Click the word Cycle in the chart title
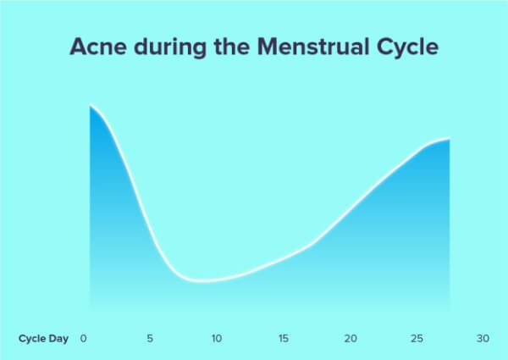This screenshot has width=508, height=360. [408, 47]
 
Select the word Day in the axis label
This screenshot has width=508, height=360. [58, 339]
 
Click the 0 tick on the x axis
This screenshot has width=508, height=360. [84, 339]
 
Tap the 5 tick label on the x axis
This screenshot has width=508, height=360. [150, 339]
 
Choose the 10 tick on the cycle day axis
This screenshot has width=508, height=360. [217, 339]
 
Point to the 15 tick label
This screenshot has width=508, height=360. [284, 339]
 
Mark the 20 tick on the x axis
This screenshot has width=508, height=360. [351, 339]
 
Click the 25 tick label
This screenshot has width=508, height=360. [417, 339]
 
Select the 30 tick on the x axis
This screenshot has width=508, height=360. [483, 339]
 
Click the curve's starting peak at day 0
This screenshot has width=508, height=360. [90, 105]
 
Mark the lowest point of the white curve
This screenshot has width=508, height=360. [203, 281]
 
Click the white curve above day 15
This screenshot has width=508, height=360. [284, 258]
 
